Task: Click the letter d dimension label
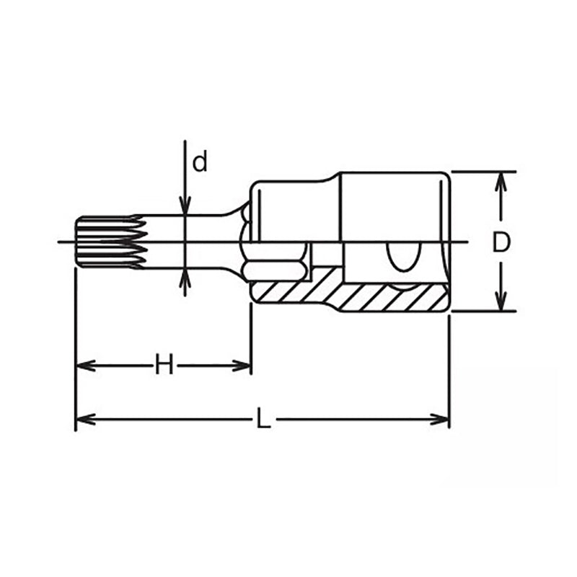pos(201,162)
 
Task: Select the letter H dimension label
pos(164,364)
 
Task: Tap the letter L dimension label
pos(263,418)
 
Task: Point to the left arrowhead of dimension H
pos(85,366)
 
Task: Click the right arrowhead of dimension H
pos(242,366)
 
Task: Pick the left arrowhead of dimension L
pos(85,420)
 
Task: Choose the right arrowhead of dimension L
pos(440,420)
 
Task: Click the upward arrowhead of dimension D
pos(500,182)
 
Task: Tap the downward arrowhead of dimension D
pos(500,301)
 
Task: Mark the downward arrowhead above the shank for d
pos(185,206)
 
